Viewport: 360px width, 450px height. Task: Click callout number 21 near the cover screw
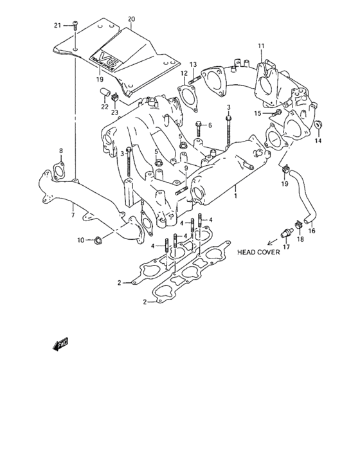(x=57, y=25)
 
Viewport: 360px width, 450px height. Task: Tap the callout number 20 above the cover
(x=131, y=19)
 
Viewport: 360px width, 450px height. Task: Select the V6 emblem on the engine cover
(x=105, y=56)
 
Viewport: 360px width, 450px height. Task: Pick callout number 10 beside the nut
(x=81, y=240)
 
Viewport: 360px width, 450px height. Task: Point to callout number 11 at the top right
(x=261, y=46)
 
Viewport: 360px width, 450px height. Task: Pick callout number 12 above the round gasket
(x=183, y=74)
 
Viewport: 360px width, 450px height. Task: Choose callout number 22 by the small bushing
(x=104, y=107)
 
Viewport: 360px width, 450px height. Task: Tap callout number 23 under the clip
(x=115, y=113)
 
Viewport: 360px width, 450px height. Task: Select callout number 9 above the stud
(x=185, y=168)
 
